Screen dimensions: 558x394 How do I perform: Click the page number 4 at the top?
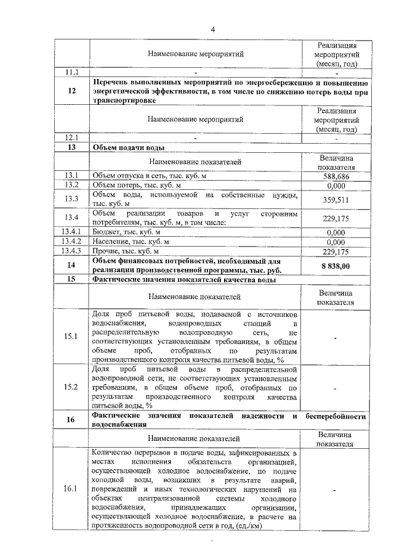[x=212, y=29]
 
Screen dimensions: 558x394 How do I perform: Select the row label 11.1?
[x=72, y=73]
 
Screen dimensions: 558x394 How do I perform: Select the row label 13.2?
[x=72, y=185]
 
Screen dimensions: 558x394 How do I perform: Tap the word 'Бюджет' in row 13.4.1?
[x=107, y=232]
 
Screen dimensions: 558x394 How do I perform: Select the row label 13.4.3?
[x=72, y=251]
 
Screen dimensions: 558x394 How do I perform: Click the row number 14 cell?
[x=72, y=265]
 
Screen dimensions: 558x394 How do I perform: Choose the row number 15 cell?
[x=72, y=280]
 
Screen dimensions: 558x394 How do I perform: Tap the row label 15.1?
[x=72, y=337]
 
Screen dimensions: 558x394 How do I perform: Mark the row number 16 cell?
[x=72, y=420]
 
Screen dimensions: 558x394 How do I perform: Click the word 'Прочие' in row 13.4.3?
[x=105, y=252]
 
